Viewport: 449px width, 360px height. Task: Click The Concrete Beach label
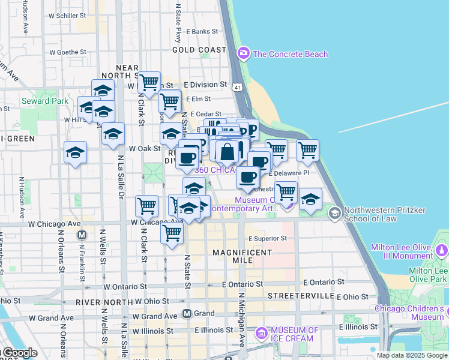(x=291, y=54)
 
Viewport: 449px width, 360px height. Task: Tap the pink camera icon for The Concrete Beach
(x=244, y=54)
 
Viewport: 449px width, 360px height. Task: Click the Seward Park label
(x=45, y=101)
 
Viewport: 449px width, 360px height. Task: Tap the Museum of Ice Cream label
(x=294, y=334)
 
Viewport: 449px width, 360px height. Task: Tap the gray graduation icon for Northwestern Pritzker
(x=335, y=212)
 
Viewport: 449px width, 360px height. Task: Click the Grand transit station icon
(x=187, y=313)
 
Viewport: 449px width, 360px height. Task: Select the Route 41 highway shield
(x=238, y=88)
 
